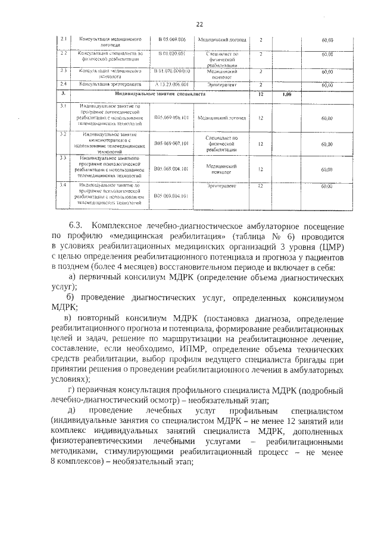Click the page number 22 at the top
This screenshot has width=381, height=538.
coord(199,24)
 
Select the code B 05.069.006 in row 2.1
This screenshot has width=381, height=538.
coord(172,39)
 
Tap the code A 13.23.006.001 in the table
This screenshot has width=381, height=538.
coord(172,84)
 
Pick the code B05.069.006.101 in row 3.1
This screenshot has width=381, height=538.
coord(172,118)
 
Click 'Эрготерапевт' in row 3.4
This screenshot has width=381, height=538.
coord(222,186)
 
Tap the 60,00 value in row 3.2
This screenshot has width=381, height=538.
coord(326,144)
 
